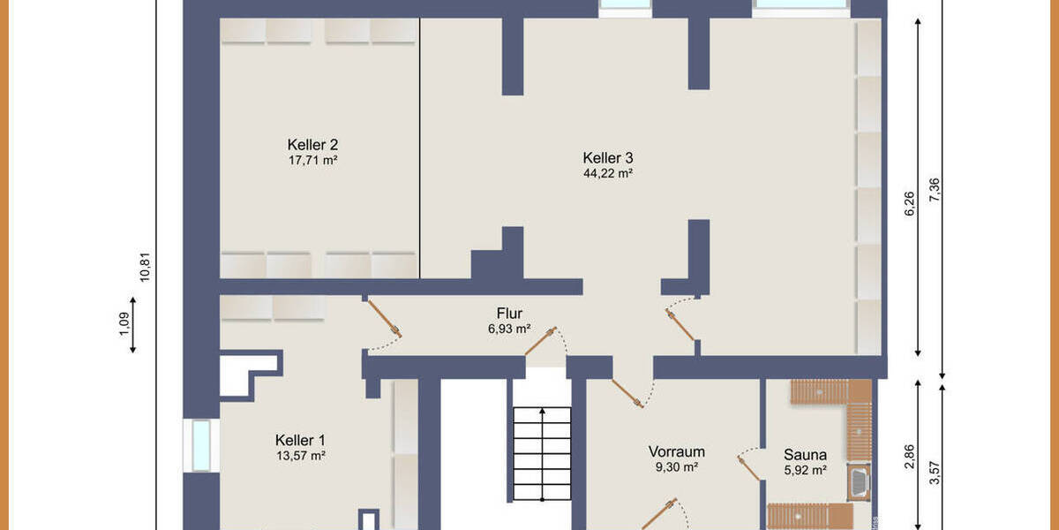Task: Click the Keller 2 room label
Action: click(x=312, y=144)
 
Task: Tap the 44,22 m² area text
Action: click(x=608, y=173)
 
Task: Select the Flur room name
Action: click(x=509, y=313)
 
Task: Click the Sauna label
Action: click(x=805, y=455)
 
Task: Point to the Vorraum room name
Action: click(x=676, y=451)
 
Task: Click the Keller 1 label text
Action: click(x=300, y=440)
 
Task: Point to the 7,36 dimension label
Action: click(x=935, y=191)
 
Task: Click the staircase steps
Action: click(x=541, y=455)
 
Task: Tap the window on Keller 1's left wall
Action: click(x=201, y=445)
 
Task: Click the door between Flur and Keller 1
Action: click(x=384, y=320)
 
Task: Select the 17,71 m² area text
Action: click(x=312, y=160)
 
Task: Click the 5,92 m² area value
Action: click(x=805, y=471)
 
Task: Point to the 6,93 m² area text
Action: click(x=509, y=329)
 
